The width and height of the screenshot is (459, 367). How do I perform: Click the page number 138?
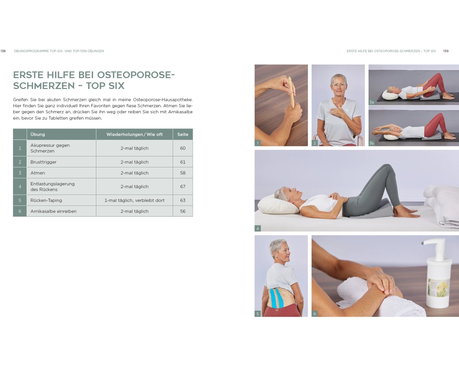3,51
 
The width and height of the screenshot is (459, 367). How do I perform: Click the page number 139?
446,51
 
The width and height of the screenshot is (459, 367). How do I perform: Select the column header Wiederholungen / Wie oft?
134,134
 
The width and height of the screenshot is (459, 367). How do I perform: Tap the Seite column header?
183,134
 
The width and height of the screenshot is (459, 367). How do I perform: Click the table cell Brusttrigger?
43,162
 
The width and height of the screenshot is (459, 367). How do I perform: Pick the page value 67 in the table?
183,186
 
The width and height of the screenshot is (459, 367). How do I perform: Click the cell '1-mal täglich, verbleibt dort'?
134,200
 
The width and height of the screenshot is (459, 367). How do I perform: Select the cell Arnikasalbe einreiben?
53,211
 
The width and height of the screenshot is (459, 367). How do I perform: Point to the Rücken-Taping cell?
46,200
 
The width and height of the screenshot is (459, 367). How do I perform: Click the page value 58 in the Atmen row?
183,172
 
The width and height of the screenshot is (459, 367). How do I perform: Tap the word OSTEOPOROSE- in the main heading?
136,75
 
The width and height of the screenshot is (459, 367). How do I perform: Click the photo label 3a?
371,102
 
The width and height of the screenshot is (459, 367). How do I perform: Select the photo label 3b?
371,143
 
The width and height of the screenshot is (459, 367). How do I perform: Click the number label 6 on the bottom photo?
315,314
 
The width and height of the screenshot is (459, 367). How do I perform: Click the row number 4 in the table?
20,186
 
